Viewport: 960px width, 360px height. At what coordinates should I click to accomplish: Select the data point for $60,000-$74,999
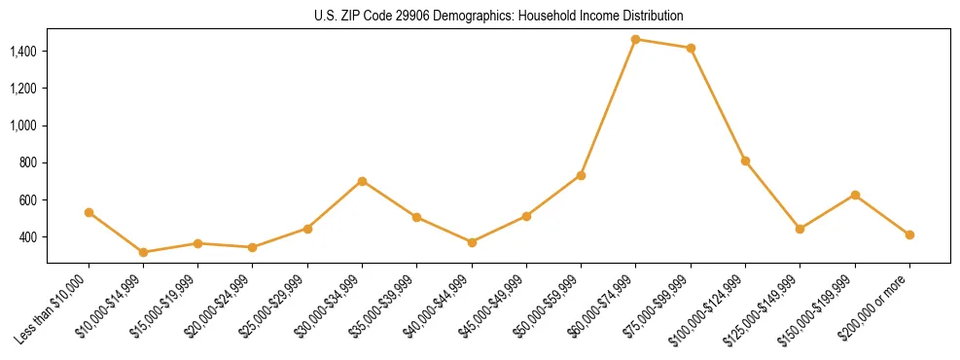pyautogui.click(x=635, y=39)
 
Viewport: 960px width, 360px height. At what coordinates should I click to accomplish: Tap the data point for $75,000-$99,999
pyautogui.click(x=691, y=48)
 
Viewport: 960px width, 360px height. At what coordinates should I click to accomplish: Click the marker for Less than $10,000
pyautogui.click(x=89, y=212)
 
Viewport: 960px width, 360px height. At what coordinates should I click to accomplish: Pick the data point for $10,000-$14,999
pyautogui.click(x=143, y=252)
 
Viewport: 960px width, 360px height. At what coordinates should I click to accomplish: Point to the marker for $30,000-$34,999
pyautogui.click(x=362, y=181)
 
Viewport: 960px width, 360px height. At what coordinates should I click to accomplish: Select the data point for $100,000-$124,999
pyautogui.click(x=745, y=161)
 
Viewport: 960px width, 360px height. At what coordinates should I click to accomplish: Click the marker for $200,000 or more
pyautogui.click(x=909, y=234)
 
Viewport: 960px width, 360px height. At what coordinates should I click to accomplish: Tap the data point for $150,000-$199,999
pyautogui.click(x=855, y=195)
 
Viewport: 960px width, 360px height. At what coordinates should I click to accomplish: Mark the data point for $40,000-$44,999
pyautogui.click(x=472, y=242)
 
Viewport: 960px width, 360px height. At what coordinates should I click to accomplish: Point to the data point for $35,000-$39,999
pyautogui.click(x=416, y=217)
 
